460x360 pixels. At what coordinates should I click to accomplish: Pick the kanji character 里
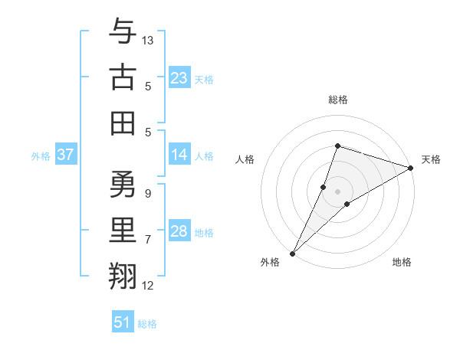tap(123, 230)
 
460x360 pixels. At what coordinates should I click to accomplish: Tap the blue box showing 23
tap(179, 78)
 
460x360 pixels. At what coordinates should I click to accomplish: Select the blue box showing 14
tap(179, 155)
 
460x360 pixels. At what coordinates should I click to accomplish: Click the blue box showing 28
tap(179, 231)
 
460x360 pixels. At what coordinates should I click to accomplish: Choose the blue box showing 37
tap(65, 155)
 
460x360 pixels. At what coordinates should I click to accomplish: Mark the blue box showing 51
tap(123, 322)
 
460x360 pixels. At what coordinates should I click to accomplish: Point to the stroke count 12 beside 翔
tap(148, 286)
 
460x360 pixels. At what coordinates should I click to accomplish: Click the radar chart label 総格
tap(337, 100)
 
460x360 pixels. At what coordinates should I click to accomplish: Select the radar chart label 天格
tap(432, 159)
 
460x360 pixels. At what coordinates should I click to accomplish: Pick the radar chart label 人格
tap(245, 159)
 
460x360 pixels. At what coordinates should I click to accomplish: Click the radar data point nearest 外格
tap(292, 253)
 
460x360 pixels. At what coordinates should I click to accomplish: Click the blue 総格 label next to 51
tap(147, 324)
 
